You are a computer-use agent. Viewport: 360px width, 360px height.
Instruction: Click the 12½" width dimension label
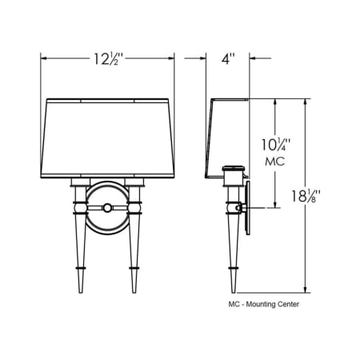point(108,59)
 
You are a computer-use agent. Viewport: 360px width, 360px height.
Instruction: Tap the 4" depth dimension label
point(228,58)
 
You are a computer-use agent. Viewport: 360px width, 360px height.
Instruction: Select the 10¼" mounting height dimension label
point(275,145)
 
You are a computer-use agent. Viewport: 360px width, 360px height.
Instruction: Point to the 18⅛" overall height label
point(305,196)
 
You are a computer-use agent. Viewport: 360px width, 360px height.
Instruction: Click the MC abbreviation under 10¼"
point(275,162)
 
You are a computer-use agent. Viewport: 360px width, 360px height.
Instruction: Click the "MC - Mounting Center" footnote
point(263,304)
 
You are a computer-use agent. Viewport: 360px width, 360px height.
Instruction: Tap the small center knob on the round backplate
point(107,208)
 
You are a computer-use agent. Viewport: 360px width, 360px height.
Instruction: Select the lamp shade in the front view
point(107,138)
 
